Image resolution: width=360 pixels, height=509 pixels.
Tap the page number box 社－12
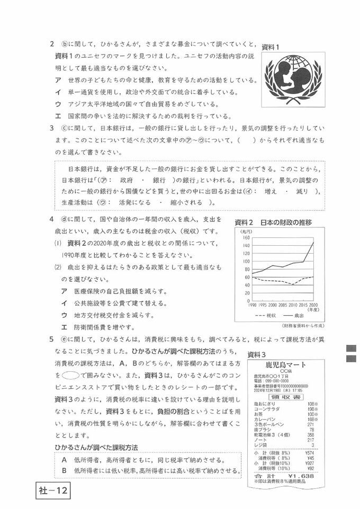(x=52, y=490)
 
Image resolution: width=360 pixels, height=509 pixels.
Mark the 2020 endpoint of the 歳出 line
(x=313, y=243)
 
